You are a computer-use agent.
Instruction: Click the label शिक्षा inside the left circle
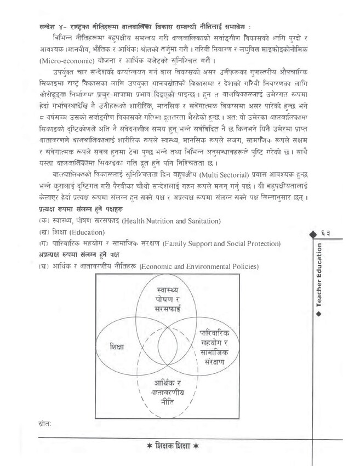tap(117, 347)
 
